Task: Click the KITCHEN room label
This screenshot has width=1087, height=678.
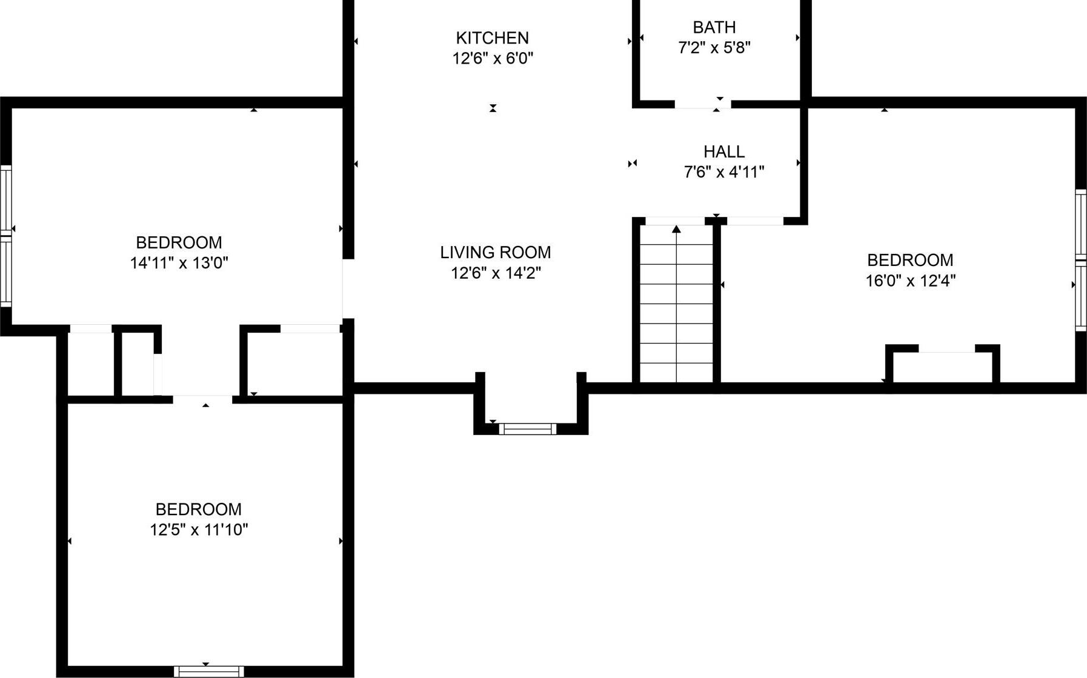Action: (492, 38)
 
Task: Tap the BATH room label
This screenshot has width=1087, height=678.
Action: (714, 27)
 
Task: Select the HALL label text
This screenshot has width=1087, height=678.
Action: (724, 151)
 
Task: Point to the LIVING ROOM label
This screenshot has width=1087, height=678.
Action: (496, 252)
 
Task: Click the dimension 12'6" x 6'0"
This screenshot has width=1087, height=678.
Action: (493, 59)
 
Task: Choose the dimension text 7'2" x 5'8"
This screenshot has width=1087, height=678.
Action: (714, 48)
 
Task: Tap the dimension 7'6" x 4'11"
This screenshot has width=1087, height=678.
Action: (724, 172)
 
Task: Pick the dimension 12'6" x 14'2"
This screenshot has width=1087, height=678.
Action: (496, 273)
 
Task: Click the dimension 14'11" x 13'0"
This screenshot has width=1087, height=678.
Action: (179, 263)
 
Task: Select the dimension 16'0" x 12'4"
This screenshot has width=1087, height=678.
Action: (910, 281)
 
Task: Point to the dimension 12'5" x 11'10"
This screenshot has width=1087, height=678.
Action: (199, 530)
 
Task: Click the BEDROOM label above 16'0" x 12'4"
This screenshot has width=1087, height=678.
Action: (910, 260)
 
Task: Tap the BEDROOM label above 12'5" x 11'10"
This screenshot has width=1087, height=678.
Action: (199, 509)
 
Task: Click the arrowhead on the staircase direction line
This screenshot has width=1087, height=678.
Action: (676, 229)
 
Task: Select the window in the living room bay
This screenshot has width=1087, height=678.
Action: (527, 429)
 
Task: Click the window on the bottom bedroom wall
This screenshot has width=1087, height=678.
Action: (208, 671)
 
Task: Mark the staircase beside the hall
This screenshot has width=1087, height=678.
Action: (676, 303)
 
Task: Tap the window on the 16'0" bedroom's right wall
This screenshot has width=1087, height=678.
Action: (1080, 261)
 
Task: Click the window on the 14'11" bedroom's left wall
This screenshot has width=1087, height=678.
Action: (5, 234)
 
